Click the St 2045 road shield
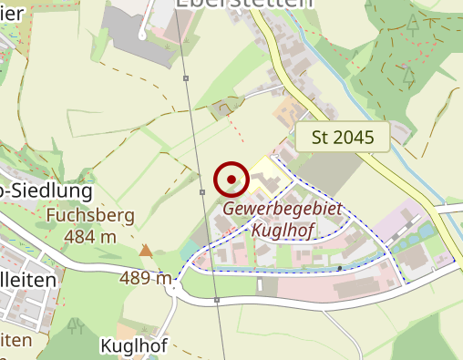(x=342, y=138)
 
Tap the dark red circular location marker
(x=232, y=179)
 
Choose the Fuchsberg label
(x=90, y=217)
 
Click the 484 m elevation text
(x=90, y=237)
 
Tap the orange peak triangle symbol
(x=146, y=249)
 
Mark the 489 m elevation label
(x=145, y=278)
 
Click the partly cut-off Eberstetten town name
(x=242, y=5)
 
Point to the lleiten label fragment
(x=28, y=281)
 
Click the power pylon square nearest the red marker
(x=202, y=192)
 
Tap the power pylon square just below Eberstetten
(x=187, y=79)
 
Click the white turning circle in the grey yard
(x=143, y=36)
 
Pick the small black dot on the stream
(x=340, y=269)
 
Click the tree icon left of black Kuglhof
(x=76, y=324)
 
